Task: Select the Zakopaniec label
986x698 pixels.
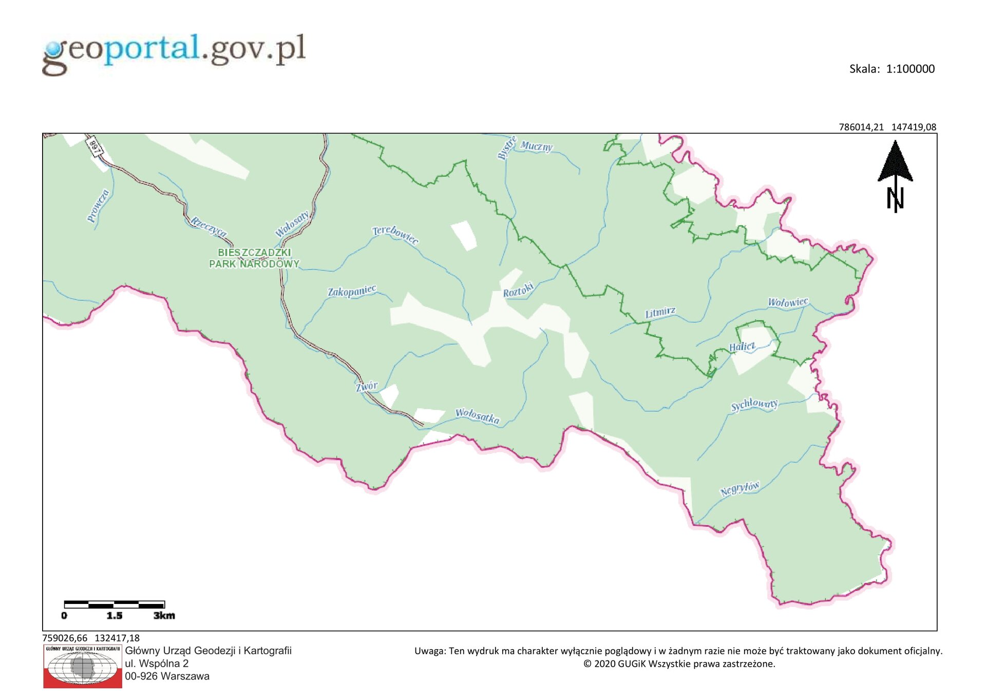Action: (352, 291)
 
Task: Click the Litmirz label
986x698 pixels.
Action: (660, 313)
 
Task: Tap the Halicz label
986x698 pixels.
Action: (742, 347)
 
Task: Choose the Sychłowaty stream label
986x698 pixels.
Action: (754, 405)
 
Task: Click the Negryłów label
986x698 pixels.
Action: (739, 488)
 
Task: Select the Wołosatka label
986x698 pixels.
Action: (477, 415)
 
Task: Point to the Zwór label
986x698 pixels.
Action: (367, 386)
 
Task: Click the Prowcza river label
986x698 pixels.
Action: (98, 206)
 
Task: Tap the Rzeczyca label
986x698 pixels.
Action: (208, 226)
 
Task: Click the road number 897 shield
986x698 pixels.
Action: (94, 145)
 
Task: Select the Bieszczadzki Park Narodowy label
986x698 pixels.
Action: (254, 258)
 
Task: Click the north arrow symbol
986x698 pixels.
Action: (895, 175)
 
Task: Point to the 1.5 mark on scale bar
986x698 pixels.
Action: (114, 615)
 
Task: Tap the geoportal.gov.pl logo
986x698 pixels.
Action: (174, 52)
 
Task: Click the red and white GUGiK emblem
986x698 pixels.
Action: (83, 667)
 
